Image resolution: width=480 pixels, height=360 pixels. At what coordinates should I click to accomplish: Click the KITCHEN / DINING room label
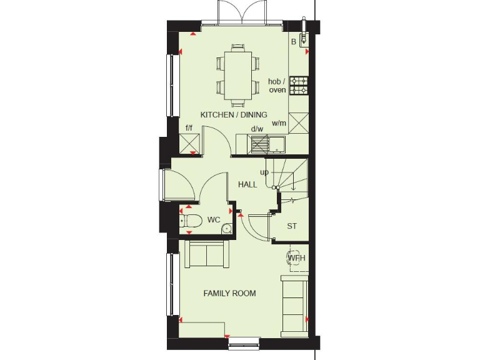(234, 115)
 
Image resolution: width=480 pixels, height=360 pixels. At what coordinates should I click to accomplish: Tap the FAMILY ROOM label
(229, 293)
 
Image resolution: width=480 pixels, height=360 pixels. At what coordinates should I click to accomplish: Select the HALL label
(247, 185)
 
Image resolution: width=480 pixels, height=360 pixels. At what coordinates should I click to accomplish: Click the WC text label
(213, 220)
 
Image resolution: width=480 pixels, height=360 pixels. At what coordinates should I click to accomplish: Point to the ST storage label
(292, 226)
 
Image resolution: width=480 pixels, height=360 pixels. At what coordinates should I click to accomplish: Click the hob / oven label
(277, 86)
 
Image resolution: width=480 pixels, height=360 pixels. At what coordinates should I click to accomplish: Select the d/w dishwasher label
(257, 129)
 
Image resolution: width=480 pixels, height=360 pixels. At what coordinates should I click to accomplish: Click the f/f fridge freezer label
(189, 128)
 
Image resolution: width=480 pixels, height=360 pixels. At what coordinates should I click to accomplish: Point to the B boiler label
(293, 42)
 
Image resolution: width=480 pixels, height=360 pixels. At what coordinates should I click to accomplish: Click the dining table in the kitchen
(237, 73)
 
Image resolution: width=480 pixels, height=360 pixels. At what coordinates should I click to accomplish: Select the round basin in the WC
(226, 229)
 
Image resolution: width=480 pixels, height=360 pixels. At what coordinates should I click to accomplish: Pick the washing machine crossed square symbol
(297, 121)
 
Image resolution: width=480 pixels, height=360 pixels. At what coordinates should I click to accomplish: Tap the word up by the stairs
(264, 172)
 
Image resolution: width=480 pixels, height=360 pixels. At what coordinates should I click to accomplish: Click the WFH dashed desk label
(296, 257)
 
